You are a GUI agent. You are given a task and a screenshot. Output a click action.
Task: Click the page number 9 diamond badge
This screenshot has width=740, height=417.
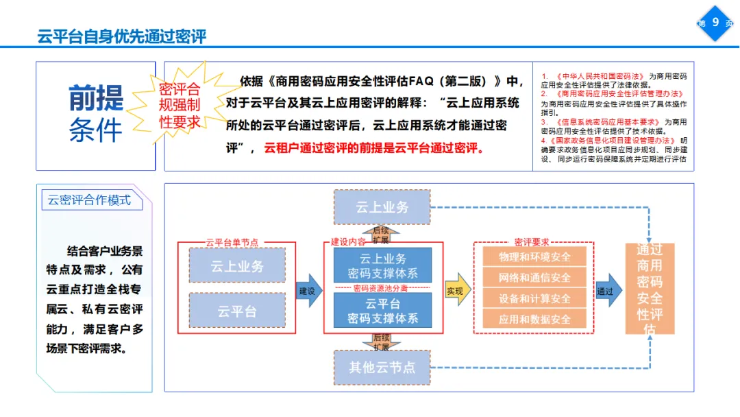tap(715, 23)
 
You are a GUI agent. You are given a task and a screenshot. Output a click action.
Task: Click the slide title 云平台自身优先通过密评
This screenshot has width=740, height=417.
tap(122, 36)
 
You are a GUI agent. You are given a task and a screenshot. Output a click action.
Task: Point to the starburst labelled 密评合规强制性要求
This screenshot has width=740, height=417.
tap(180, 106)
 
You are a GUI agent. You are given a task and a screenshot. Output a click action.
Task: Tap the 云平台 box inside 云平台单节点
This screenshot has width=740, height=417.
tap(236, 311)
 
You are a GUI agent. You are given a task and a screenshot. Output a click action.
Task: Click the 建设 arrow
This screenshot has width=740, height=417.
tap(308, 291)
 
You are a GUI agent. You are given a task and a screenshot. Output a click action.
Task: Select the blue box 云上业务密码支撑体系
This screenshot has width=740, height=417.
tap(382, 266)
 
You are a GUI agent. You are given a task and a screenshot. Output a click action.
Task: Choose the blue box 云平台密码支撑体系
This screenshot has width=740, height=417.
tap(382, 311)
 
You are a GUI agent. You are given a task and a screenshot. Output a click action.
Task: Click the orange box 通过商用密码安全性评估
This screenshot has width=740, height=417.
tap(650, 289)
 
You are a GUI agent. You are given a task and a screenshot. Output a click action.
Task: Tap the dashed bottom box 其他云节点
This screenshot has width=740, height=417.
tap(382, 367)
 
